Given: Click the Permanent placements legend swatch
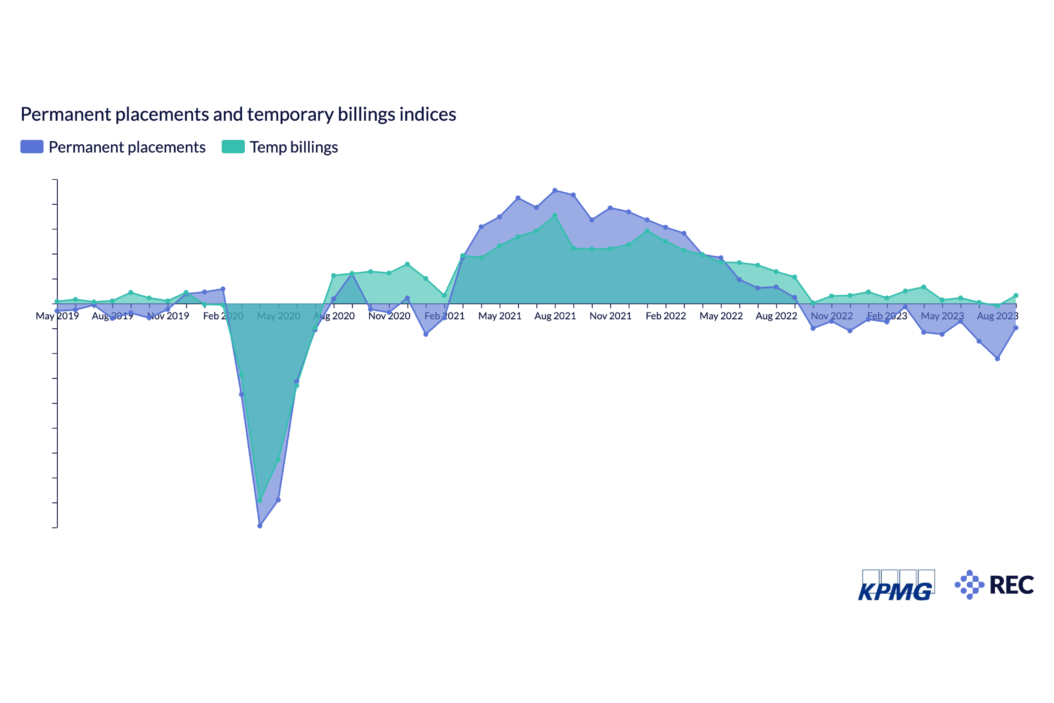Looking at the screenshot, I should [x=32, y=147].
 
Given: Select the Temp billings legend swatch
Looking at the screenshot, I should [x=233, y=147].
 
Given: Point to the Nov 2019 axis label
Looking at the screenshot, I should [x=168, y=316].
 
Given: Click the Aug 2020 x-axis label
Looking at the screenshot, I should [x=334, y=316].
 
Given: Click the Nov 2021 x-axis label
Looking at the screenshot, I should [x=610, y=316].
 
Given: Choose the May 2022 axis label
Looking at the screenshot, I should [x=721, y=316].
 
